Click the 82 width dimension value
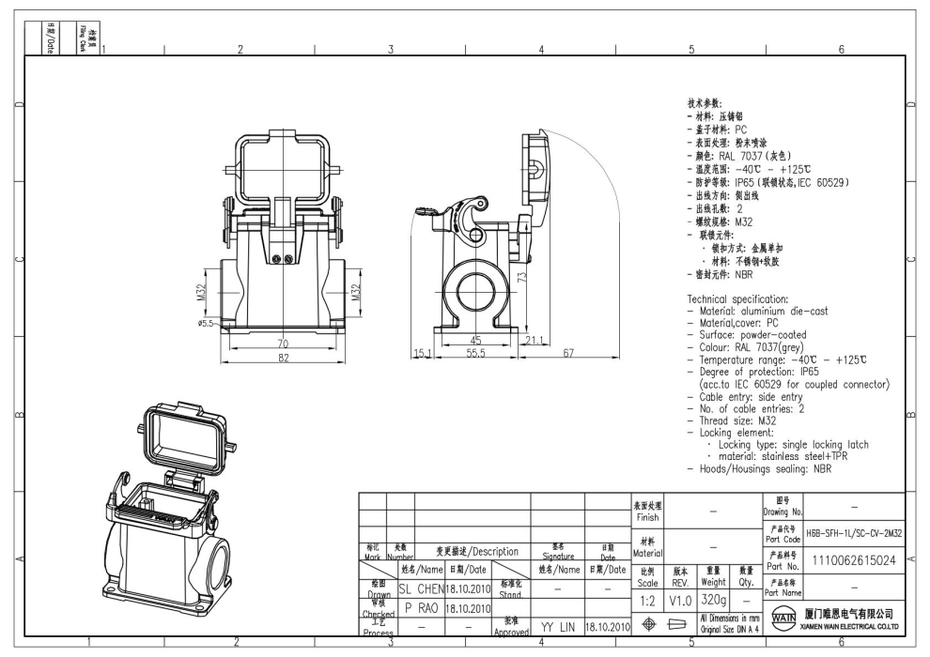tap(282, 358)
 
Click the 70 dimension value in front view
tap(282, 344)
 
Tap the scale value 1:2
tap(647, 599)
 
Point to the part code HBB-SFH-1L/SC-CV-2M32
tap(853, 532)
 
